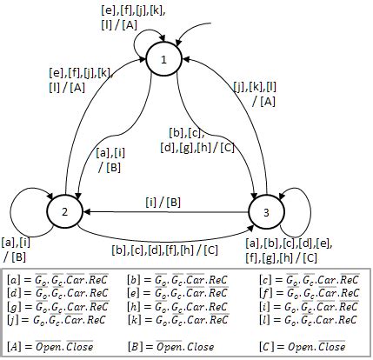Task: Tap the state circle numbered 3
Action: (x=268, y=211)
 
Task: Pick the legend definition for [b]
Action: (x=177, y=280)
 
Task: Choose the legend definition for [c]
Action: (x=303, y=280)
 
